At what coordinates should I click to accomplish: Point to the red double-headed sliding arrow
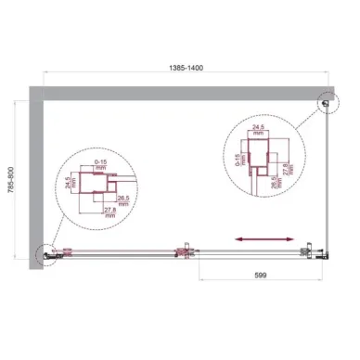[254, 239]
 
